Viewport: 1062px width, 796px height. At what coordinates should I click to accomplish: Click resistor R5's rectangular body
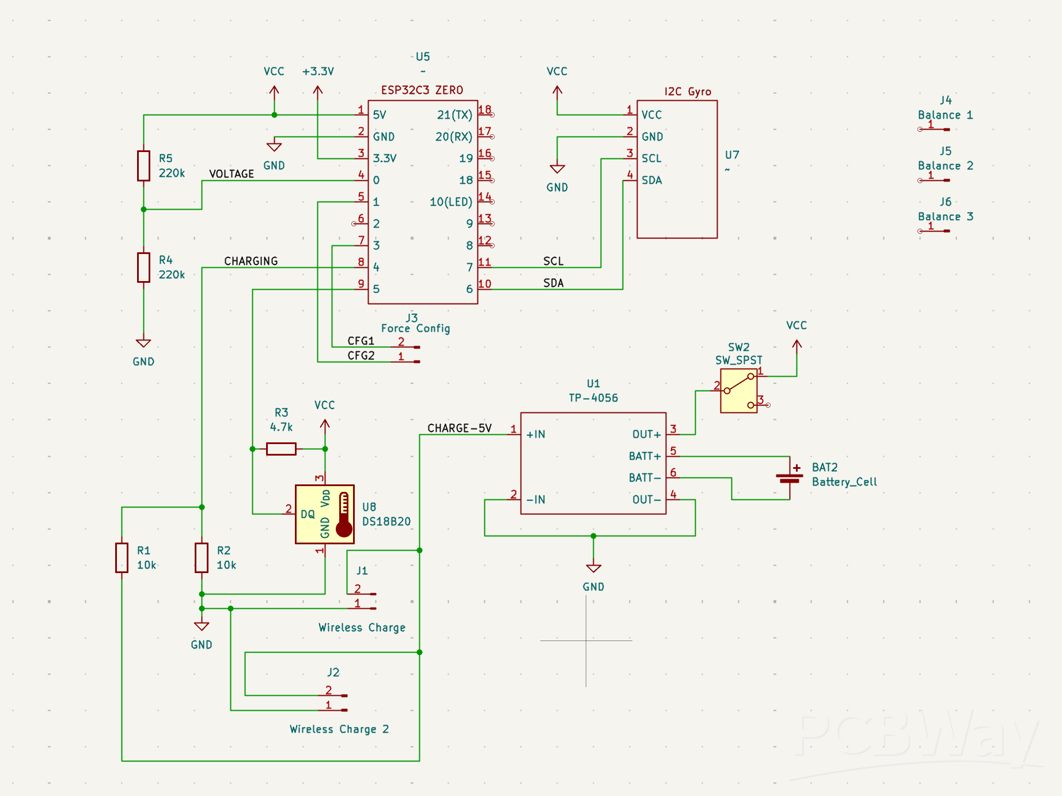[x=143, y=166]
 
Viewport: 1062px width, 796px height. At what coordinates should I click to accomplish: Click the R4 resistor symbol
[x=143, y=267]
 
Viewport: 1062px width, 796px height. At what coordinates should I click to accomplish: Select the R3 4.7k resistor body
[x=281, y=449]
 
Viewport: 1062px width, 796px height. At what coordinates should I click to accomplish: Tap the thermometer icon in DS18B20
[x=344, y=514]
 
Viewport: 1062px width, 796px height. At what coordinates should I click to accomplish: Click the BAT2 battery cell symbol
[x=789, y=477]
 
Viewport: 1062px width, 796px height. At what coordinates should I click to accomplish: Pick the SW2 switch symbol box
[x=739, y=391]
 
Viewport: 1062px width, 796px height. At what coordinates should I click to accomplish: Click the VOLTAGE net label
[x=231, y=174]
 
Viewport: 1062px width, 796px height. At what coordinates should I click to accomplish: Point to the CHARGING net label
[x=251, y=261]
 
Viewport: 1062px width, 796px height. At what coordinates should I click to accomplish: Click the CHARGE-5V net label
[x=459, y=428]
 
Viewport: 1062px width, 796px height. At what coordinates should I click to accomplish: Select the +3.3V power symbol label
[x=318, y=71]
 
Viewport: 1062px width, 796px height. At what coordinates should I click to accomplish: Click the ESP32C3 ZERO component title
[x=422, y=90]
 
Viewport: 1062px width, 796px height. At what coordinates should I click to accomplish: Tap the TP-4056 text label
[x=593, y=397]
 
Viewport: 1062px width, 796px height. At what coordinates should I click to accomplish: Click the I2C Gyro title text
[x=687, y=92]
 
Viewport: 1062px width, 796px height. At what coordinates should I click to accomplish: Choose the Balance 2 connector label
[x=945, y=166]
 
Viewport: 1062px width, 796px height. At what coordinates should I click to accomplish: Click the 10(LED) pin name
[x=450, y=202]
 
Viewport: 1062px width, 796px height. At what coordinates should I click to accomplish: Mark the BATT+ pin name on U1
[x=644, y=456]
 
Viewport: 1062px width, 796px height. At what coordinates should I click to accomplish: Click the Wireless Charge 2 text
[x=339, y=729]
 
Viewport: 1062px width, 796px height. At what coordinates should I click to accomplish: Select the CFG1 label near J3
[x=361, y=341]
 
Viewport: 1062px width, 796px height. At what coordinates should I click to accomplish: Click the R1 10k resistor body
[x=122, y=558]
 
